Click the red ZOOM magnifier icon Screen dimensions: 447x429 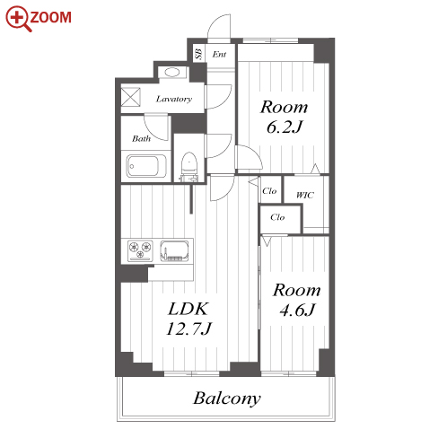18,18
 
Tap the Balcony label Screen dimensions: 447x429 227,398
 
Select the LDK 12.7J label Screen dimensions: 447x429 188,319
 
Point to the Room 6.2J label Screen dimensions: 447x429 284,117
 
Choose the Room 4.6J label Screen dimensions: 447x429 297,300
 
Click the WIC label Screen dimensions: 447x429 305,196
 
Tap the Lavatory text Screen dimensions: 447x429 174,99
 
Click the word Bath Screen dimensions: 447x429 141,138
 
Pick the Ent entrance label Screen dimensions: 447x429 219,54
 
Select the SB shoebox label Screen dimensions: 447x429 198,54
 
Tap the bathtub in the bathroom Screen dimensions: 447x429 146,166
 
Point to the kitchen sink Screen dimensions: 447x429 174,251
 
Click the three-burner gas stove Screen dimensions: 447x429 140,250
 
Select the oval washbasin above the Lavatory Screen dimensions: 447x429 172,72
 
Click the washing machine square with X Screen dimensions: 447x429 131,97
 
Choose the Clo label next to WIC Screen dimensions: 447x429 269,191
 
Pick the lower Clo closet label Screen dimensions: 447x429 277,217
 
